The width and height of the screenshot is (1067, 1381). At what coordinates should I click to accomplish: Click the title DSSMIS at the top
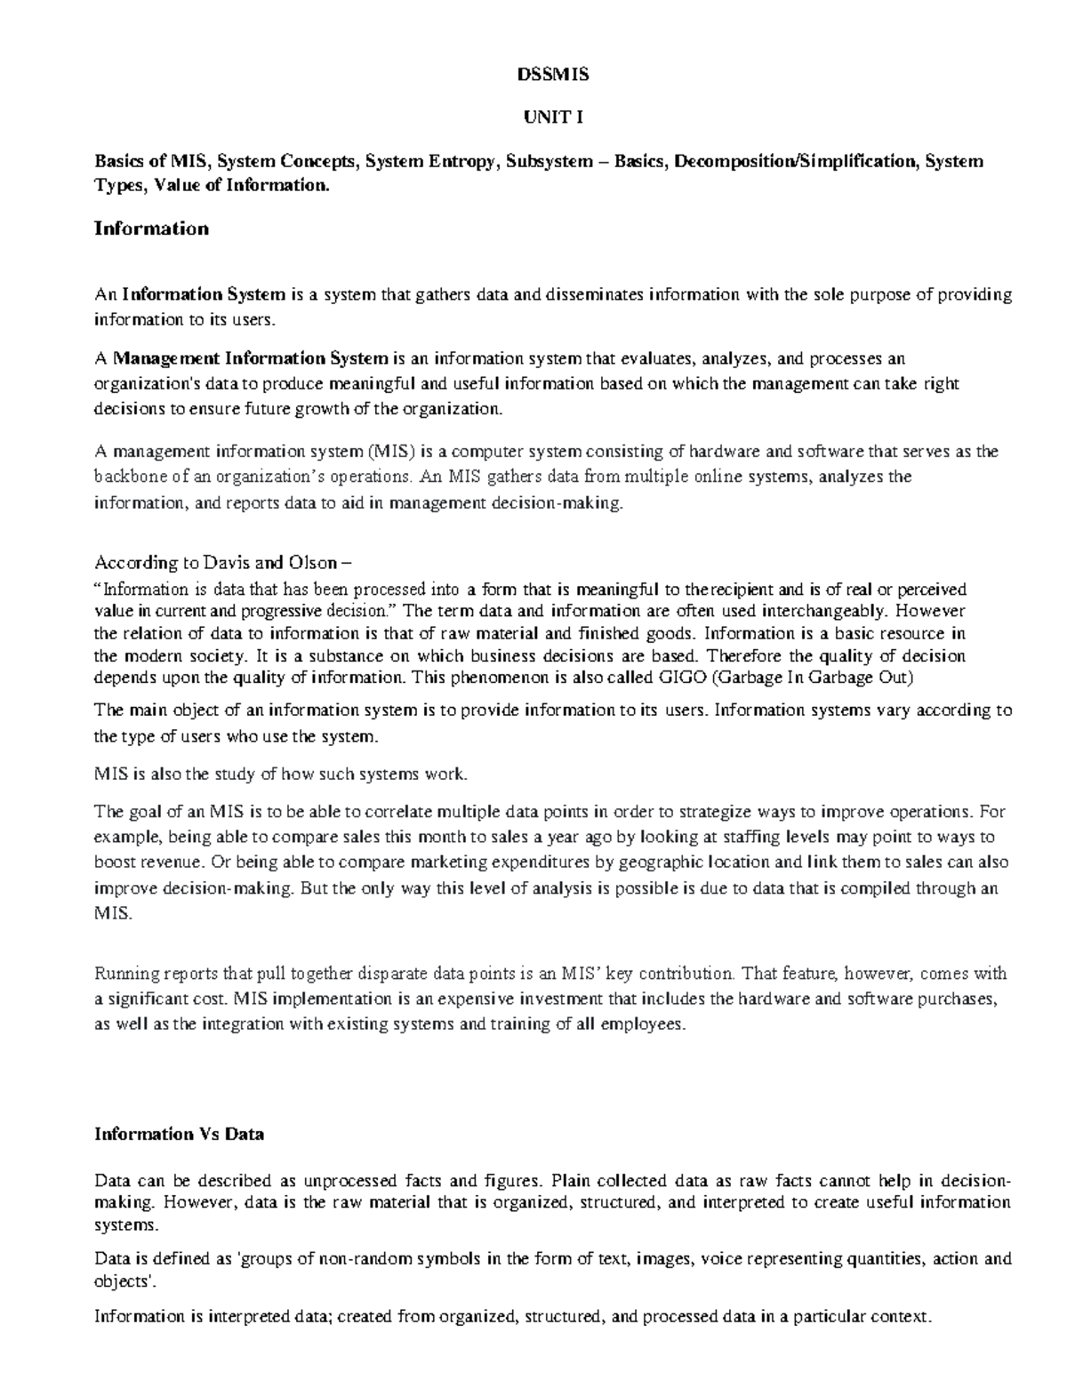pos(552,75)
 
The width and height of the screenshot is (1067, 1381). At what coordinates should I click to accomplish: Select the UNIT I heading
pos(552,117)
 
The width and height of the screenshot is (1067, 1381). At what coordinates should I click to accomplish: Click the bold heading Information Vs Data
pos(180,1134)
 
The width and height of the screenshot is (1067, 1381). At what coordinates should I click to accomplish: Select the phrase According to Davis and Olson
pos(223,563)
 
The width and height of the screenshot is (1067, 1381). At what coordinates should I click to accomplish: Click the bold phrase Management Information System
pos(251,358)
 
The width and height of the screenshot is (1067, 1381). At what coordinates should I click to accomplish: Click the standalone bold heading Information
pos(151,229)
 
